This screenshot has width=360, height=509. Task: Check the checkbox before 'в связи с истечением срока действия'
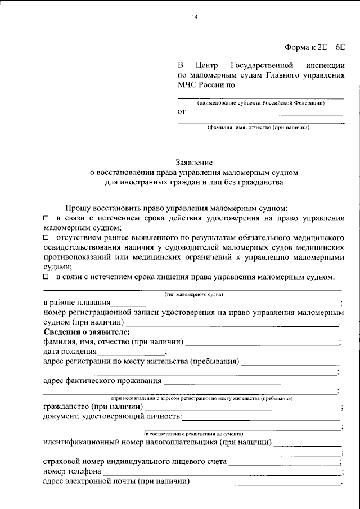pos(46,218)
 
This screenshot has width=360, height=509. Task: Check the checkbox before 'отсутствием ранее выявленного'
pos(46,238)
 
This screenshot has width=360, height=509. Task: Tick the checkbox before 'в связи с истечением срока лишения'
pos(46,277)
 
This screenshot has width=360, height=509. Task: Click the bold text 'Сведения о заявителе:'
pos(82,332)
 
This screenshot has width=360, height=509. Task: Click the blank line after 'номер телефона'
pos(222,471)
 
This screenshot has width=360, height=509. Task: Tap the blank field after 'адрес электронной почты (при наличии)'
pos(265,481)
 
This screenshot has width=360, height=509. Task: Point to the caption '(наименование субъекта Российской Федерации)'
pos(261,103)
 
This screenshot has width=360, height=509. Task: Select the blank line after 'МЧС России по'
pos(290,87)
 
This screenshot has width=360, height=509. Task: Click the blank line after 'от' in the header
pos(264,113)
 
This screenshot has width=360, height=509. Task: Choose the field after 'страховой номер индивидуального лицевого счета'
pos(284,462)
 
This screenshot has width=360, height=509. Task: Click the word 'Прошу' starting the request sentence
pos(78,208)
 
